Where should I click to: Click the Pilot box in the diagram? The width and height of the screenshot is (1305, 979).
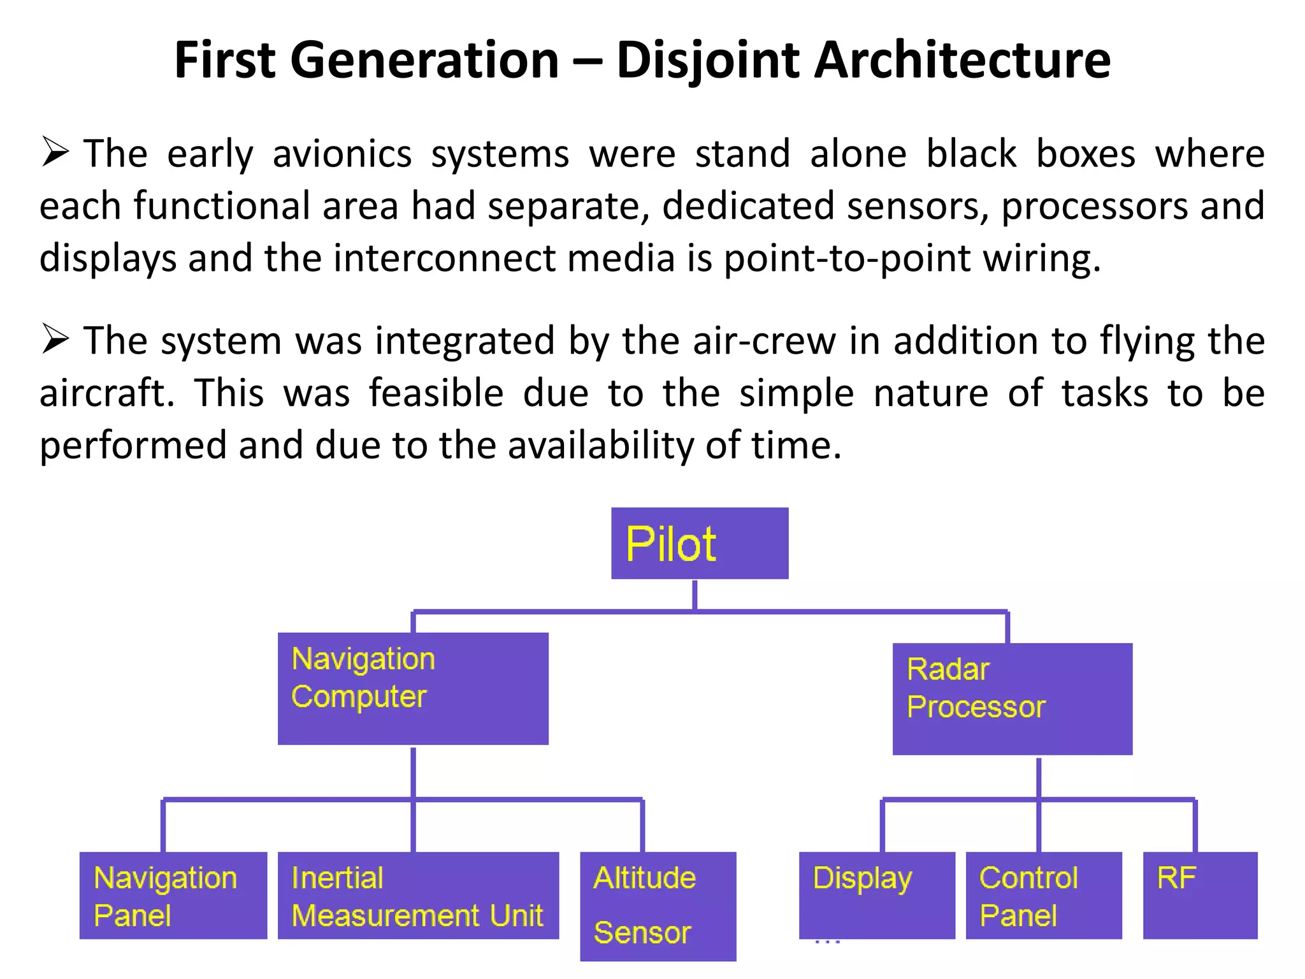click(700, 543)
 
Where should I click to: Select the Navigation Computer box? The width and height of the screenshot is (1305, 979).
click(413, 688)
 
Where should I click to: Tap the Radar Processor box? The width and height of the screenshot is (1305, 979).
click(1012, 699)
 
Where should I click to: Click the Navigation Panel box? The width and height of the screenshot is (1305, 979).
click(173, 895)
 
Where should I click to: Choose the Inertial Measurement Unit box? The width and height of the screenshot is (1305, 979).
click(418, 895)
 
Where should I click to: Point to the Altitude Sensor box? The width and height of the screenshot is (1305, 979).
click(658, 905)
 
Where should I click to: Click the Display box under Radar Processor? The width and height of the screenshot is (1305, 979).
click(877, 895)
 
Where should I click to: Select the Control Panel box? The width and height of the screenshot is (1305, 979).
click(1043, 895)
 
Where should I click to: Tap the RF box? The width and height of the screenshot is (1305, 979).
click(1200, 895)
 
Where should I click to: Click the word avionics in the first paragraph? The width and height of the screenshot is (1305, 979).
click(342, 154)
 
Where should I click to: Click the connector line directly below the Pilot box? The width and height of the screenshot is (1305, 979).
click(695, 594)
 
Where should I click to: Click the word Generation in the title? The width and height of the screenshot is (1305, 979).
click(424, 60)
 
